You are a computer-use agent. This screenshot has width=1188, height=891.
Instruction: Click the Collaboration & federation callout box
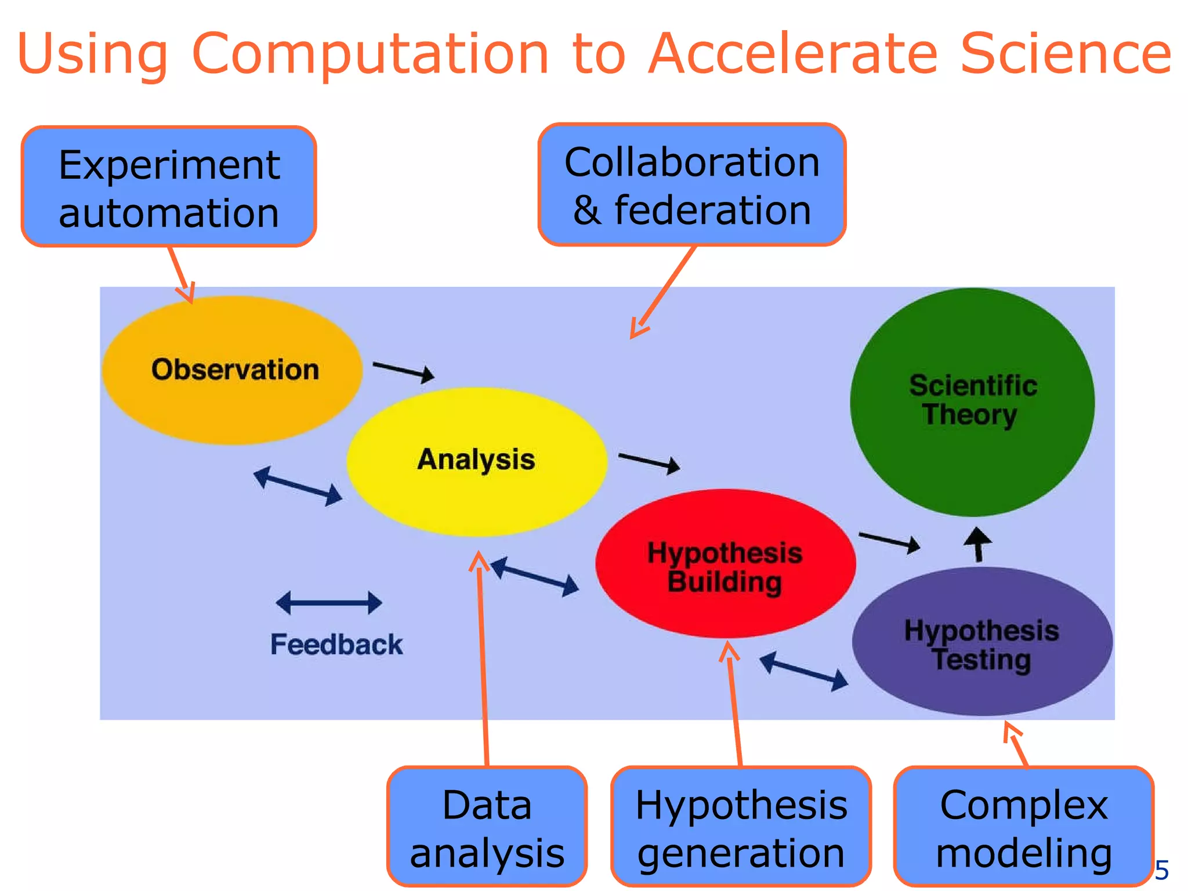(691, 184)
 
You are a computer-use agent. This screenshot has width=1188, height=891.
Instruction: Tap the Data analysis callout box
(487, 827)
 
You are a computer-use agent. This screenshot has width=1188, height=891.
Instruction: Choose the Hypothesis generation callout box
(741, 827)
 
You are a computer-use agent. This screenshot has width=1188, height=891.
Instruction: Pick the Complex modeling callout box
(1023, 827)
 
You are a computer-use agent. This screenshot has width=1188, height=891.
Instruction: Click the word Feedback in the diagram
(336, 644)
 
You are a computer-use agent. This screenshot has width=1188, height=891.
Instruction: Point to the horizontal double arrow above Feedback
(329, 603)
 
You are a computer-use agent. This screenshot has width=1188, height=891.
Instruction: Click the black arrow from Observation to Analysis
(404, 371)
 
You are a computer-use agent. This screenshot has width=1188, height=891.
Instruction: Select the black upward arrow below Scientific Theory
(978, 544)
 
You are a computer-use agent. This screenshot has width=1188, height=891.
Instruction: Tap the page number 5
(1161, 870)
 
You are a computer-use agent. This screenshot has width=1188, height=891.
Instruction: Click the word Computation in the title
(370, 53)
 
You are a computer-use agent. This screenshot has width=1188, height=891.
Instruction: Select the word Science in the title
(1066, 53)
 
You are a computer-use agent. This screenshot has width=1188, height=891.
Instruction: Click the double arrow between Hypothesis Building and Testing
(804, 671)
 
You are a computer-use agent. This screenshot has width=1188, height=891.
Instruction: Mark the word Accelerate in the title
(793, 53)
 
